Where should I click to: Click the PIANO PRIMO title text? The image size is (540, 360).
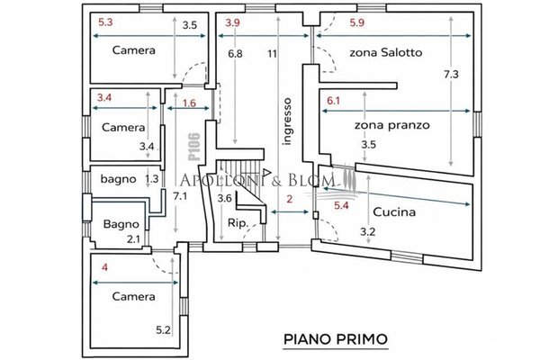336,339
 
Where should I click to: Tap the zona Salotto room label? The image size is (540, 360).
386,52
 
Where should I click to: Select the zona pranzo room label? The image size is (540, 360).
392,125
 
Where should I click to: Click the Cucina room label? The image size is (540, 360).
394,211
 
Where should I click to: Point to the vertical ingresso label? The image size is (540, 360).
287,121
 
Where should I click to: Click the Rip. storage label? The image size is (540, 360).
238,223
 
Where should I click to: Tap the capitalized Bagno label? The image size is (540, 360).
121,224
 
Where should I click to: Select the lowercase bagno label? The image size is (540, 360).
119,179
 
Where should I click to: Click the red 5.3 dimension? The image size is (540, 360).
105,22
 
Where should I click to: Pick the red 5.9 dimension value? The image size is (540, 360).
356,22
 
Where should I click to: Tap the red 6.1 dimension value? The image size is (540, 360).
333,101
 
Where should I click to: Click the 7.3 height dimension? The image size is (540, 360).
451,75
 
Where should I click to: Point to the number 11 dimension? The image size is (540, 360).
273,54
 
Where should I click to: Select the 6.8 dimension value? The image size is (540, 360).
235,54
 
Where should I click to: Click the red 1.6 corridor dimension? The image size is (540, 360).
189,103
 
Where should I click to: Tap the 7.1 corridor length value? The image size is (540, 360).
180,197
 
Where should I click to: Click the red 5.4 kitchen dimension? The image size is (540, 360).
341,206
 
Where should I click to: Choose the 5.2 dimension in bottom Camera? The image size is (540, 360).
163,330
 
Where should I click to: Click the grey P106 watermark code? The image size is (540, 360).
194,147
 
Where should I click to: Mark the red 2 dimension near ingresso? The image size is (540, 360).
290,199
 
